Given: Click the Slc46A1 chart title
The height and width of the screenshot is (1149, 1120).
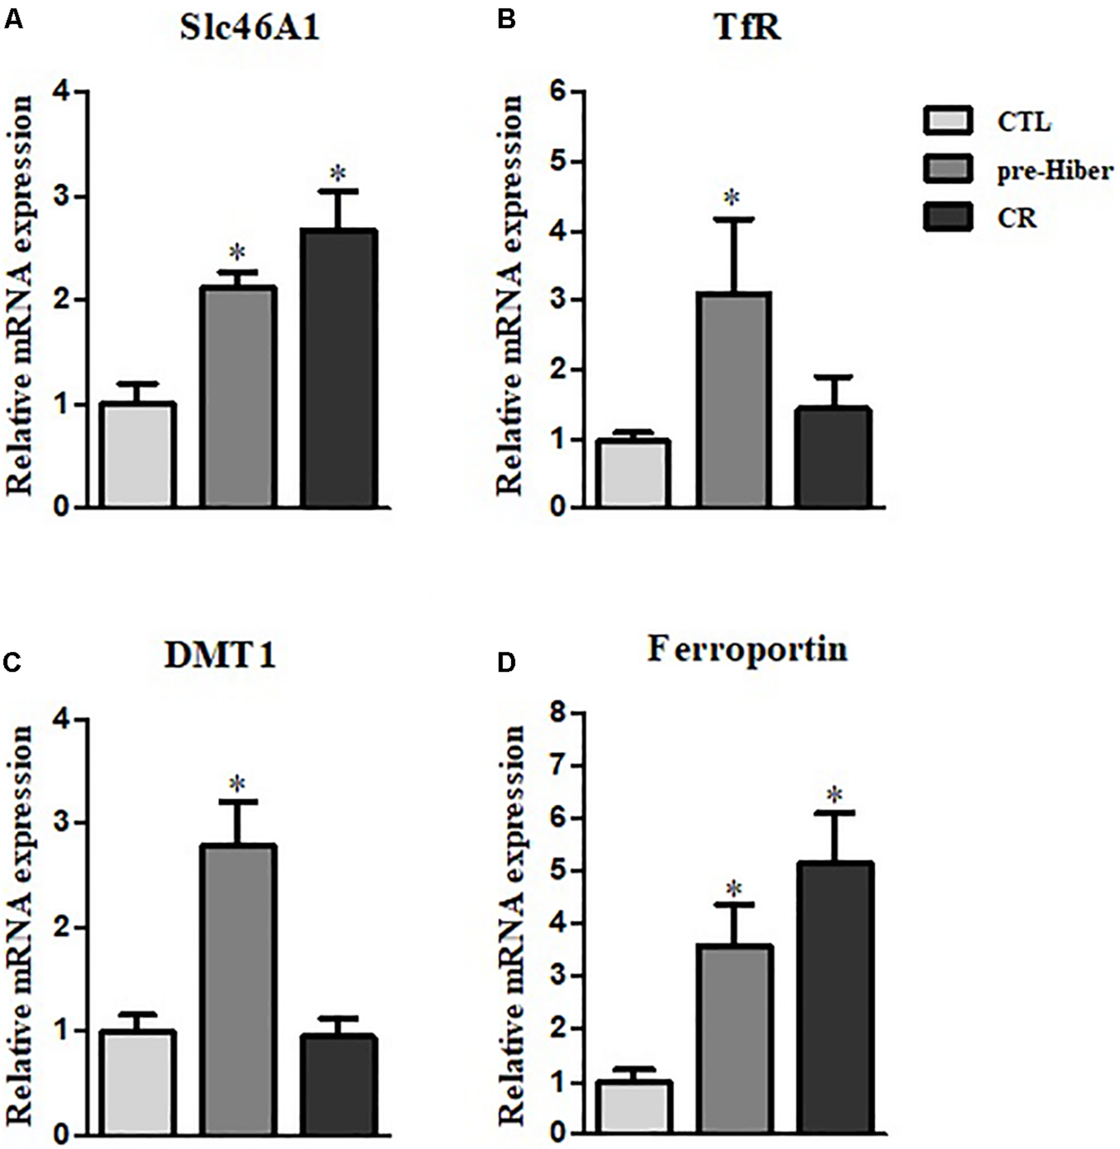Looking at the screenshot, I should coord(250,28).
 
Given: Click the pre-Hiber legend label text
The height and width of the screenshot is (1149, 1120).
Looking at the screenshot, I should coord(1055,171).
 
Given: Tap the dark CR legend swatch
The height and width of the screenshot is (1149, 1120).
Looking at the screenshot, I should coord(948,218).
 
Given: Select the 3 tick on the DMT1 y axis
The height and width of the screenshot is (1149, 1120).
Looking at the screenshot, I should coord(63,823).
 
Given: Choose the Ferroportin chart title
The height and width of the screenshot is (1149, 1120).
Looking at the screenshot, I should coord(748,650).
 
